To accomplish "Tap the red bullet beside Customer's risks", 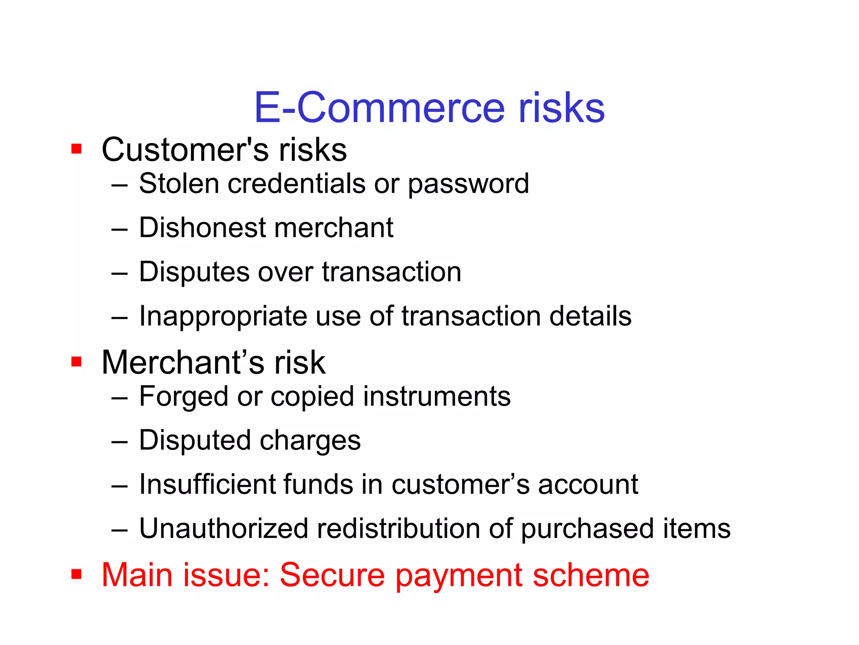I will pos(76,149).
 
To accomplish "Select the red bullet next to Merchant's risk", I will pos(76,362).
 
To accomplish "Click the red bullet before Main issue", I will pos(76,574).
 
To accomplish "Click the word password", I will pos(469,184).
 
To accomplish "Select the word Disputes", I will pos(194,272).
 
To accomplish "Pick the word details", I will pos(590,316).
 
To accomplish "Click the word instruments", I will pos(437,396).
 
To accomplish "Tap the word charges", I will pos(310,440).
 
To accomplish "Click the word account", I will pos(588,485).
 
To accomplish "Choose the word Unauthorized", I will pos(224,528).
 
